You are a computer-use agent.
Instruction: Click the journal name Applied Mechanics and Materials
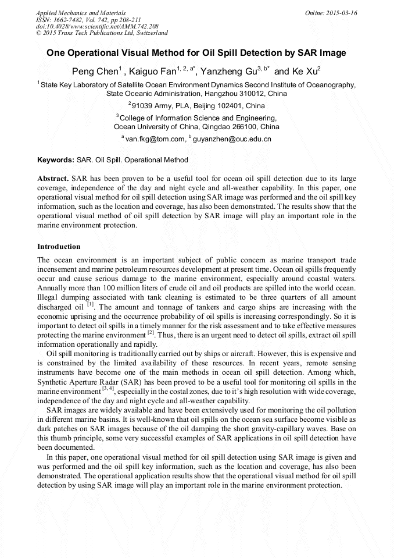click(81, 13)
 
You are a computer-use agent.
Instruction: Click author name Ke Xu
click(303, 72)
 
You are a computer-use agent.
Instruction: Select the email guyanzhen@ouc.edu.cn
click(232, 140)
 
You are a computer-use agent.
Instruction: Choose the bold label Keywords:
click(56, 160)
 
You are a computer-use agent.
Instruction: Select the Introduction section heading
click(59, 247)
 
